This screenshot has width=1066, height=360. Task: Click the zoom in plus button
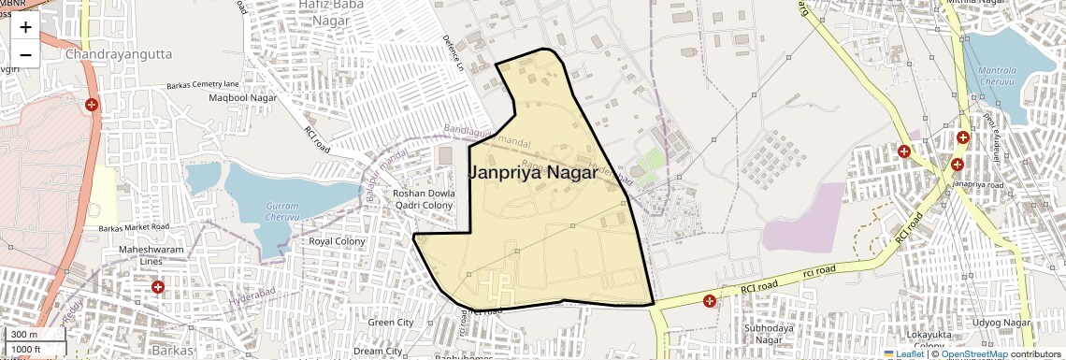25,27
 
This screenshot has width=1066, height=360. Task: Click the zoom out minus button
25,54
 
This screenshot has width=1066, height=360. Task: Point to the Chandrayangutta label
119,55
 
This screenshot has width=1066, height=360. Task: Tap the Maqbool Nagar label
243,97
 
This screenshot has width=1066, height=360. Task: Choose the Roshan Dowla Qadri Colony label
423,199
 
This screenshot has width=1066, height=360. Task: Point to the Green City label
391,323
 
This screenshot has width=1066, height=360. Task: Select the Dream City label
378,351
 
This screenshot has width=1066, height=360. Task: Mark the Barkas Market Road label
134,227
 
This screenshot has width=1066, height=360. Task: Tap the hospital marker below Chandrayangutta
92,105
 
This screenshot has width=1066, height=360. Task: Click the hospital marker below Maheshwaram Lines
158,286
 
